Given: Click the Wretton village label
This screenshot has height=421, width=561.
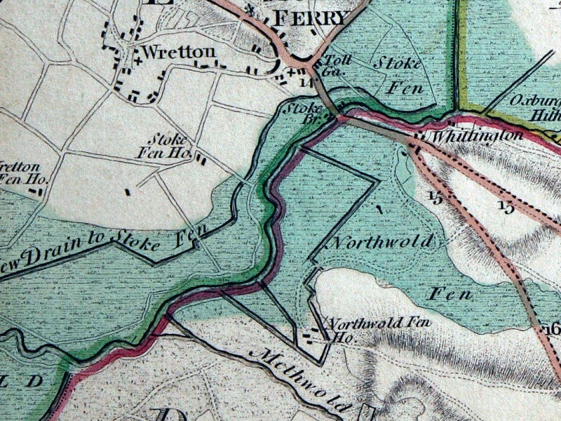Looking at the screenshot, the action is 168,53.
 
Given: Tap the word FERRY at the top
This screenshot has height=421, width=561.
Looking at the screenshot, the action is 309,18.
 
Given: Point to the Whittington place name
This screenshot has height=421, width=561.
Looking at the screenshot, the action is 478,135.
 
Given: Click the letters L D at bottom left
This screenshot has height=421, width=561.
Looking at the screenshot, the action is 24,380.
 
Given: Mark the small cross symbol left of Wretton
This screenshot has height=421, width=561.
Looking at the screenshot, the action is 137,60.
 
